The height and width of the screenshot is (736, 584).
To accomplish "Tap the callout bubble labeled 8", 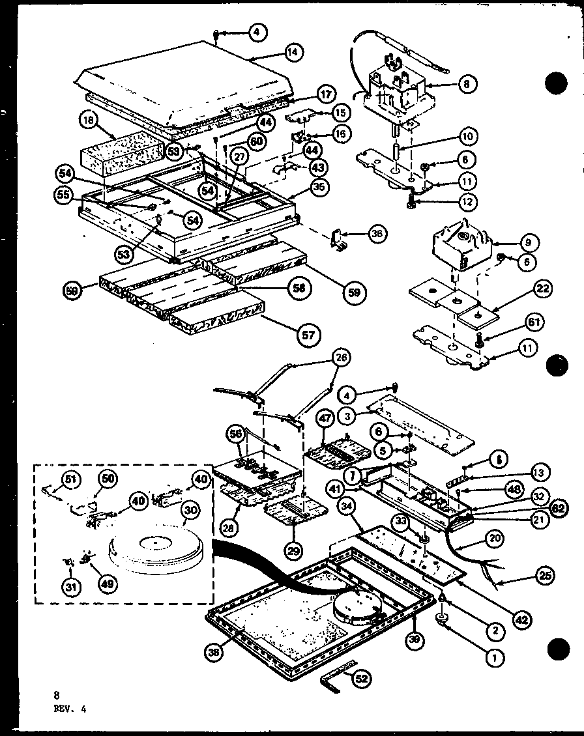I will point(467,83).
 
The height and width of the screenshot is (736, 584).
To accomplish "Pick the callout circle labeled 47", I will point(325,419).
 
